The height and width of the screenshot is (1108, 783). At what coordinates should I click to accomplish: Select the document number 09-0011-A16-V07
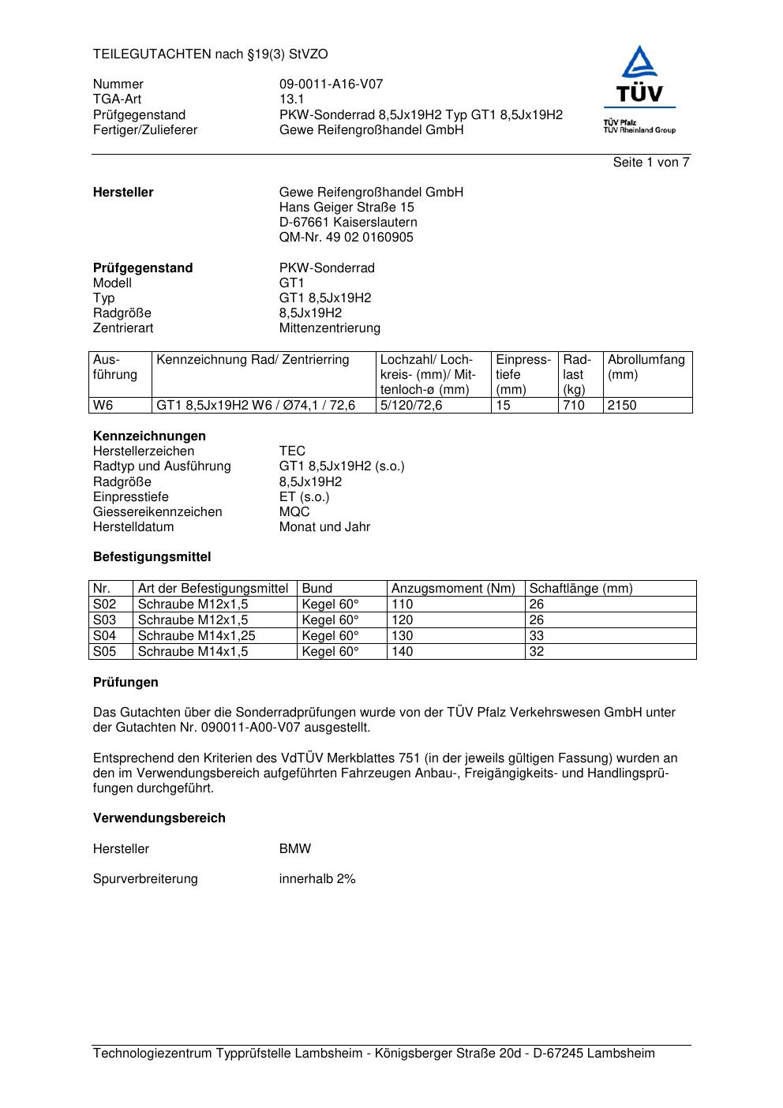pyautogui.click(x=331, y=84)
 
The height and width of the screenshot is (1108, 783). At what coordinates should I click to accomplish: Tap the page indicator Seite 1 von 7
pyautogui.click(x=651, y=163)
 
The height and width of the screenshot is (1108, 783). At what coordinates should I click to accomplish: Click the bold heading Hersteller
pyautogui.click(x=123, y=193)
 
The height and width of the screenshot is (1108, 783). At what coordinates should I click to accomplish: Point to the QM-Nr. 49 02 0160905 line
pyautogui.click(x=346, y=238)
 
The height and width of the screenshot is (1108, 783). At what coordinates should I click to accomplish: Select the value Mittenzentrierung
pyautogui.click(x=329, y=328)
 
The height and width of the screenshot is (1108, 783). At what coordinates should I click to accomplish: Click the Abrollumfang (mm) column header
pyautogui.click(x=646, y=367)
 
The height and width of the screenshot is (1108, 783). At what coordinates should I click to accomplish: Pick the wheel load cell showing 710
pyautogui.click(x=574, y=406)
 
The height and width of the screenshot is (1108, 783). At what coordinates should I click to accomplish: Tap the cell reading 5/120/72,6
pyautogui.click(x=411, y=406)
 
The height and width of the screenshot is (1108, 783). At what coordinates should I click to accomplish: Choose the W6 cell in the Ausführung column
pyautogui.click(x=103, y=406)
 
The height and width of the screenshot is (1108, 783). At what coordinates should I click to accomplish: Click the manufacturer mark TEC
pyautogui.click(x=292, y=451)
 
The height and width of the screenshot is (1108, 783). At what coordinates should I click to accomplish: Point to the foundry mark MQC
pyautogui.click(x=294, y=512)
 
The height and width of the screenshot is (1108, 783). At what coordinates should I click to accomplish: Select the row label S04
pyautogui.click(x=104, y=636)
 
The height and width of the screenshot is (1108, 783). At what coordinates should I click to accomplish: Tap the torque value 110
pyautogui.click(x=402, y=605)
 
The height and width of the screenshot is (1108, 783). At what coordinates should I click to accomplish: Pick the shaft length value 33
pyautogui.click(x=537, y=636)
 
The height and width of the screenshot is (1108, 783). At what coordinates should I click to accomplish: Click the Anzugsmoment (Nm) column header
pyautogui.click(x=453, y=589)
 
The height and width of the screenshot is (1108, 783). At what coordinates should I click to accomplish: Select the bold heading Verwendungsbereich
pyautogui.click(x=159, y=818)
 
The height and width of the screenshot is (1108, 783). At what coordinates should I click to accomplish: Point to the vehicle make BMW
pyautogui.click(x=294, y=849)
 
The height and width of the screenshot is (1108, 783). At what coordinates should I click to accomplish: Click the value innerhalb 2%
pyautogui.click(x=317, y=879)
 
